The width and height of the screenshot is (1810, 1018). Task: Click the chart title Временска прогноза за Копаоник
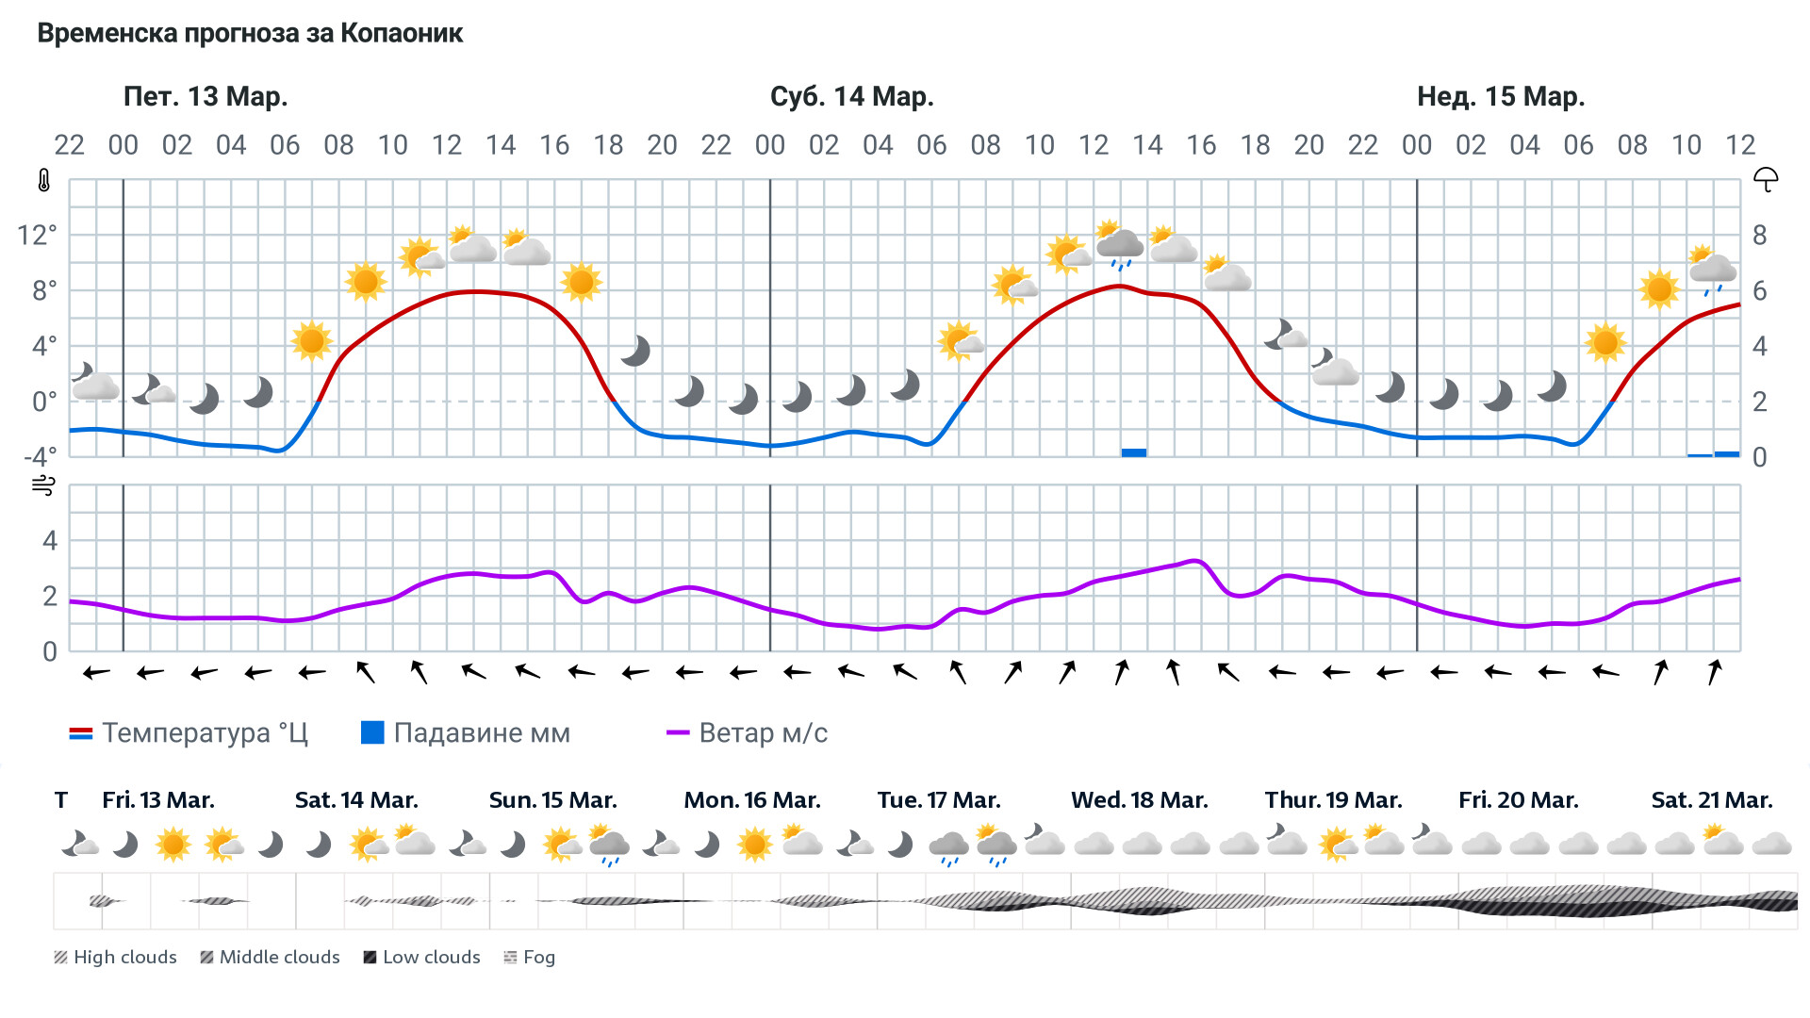tap(250, 34)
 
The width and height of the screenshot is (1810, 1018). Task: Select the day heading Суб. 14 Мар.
tap(851, 97)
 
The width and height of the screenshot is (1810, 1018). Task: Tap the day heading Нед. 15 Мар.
tap(1500, 97)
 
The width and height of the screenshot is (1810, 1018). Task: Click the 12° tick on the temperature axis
tap(37, 235)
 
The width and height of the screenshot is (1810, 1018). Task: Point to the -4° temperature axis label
tap(40, 457)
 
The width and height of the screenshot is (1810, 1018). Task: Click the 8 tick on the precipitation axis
tap(1759, 236)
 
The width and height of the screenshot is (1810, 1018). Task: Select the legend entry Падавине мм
tap(466, 733)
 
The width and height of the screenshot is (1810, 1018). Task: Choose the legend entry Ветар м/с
tap(747, 733)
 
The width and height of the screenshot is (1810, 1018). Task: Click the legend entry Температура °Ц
tap(189, 733)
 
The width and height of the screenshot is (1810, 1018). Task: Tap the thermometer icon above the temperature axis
tap(44, 181)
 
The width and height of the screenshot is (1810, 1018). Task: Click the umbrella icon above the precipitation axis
tap(1765, 180)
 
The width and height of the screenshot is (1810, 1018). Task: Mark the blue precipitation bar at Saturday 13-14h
tap(1133, 453)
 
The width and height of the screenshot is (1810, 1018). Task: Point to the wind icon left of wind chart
tap(43, 486)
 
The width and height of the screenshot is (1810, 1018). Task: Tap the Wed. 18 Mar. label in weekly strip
tap(1139, 800)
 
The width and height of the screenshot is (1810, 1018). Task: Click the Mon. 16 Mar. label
tap(751, 800)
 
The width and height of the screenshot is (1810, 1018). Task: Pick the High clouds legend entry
tap(115, 958)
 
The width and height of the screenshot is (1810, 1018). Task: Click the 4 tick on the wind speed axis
tap(50, 541)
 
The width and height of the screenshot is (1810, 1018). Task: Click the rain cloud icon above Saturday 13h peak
tap(1119, 246)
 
